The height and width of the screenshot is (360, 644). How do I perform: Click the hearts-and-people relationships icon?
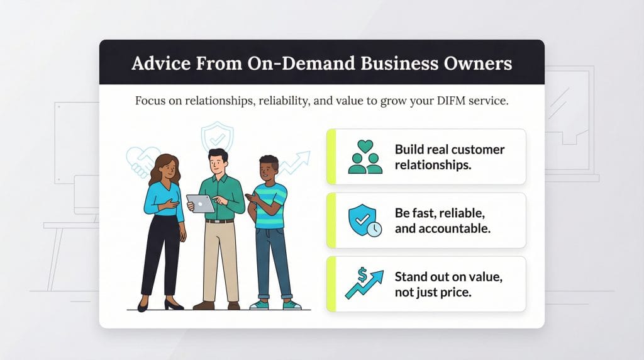(x=365, y=157)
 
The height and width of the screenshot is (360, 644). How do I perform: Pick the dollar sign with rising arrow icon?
(x=364, y=284)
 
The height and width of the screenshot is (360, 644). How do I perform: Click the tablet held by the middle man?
(x=201, y=203)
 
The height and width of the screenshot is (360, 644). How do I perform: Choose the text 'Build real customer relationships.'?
(x=449, y=157)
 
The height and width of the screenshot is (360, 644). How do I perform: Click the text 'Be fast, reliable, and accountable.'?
(x=442, y=220)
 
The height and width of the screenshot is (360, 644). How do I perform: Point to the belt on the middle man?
(x=219, y=220)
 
